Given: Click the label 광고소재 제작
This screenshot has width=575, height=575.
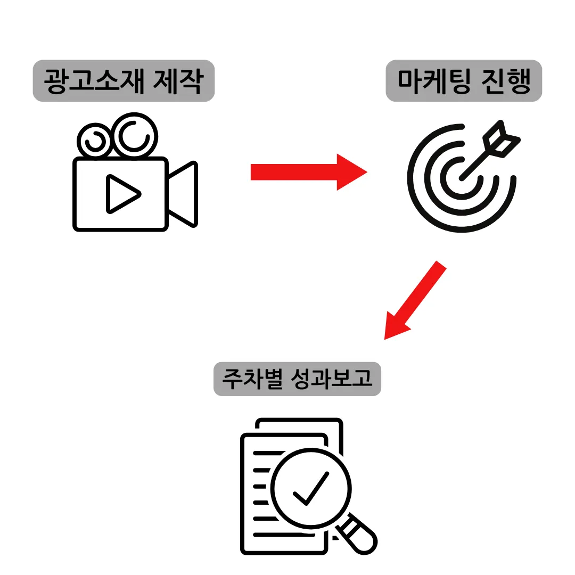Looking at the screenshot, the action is pyautogui.click(x=124, y=81).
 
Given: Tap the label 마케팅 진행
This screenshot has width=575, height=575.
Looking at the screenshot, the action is pyautogui.click(x=464, y=81).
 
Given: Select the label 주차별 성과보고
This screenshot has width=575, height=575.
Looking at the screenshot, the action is pyautogui.click(x=297, y=379).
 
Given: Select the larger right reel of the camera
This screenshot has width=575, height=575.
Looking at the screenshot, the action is pyautogui.click(x=134, y=135).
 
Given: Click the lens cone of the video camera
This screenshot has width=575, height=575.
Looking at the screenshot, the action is pyautogui.click(x=183, y=194).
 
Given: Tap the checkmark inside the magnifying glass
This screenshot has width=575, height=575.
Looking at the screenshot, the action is pyautogui.click(x=310, y=489).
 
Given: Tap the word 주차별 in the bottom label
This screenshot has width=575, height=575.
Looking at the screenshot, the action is pyautogui.click(x=252, y=379).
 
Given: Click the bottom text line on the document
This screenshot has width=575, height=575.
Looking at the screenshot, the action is pyautogui.click(x=282, y=534).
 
